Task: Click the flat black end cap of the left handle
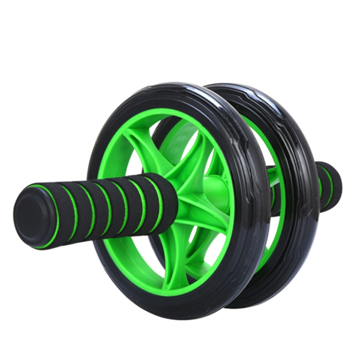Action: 30,214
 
